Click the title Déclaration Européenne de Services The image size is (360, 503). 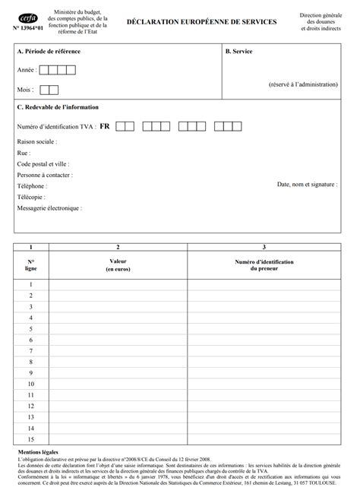point(201,24)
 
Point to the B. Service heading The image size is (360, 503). point(239,51)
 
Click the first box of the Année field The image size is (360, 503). point(43,71)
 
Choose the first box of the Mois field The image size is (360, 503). point(43,90)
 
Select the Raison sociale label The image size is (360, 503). point(36,141)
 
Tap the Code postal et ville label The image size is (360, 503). point(44,163)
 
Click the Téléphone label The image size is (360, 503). point(32,185)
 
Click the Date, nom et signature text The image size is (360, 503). point(307,184)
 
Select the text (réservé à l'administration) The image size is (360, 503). point(303,84)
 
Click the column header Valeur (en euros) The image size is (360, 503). point(118,265)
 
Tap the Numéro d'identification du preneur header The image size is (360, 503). point(264,265)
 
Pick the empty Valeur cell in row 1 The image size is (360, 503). point(118,284)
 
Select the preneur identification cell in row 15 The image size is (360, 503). point(264,440)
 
